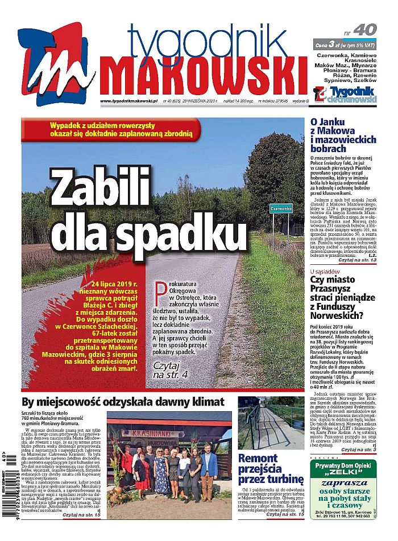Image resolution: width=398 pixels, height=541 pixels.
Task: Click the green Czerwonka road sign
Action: coord(281,208)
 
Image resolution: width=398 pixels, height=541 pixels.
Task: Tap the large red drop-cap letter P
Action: coord(160,291)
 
